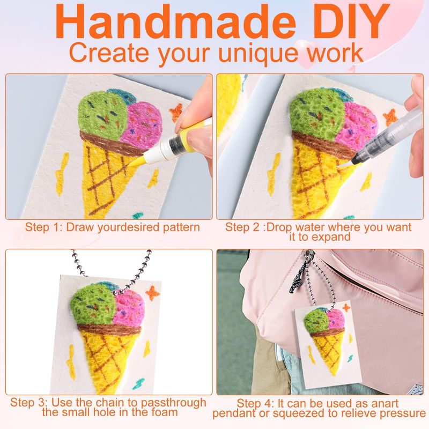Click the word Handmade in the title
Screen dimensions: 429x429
(x=176, y=22)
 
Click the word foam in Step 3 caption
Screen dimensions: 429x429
(x=162, y=412)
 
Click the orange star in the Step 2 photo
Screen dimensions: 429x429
(x=390, y=117)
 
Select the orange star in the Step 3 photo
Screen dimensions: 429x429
(x=152, y=293)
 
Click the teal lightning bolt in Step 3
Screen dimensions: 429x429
(x=139, y=383)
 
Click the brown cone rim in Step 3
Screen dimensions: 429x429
(x=109, y=330)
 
